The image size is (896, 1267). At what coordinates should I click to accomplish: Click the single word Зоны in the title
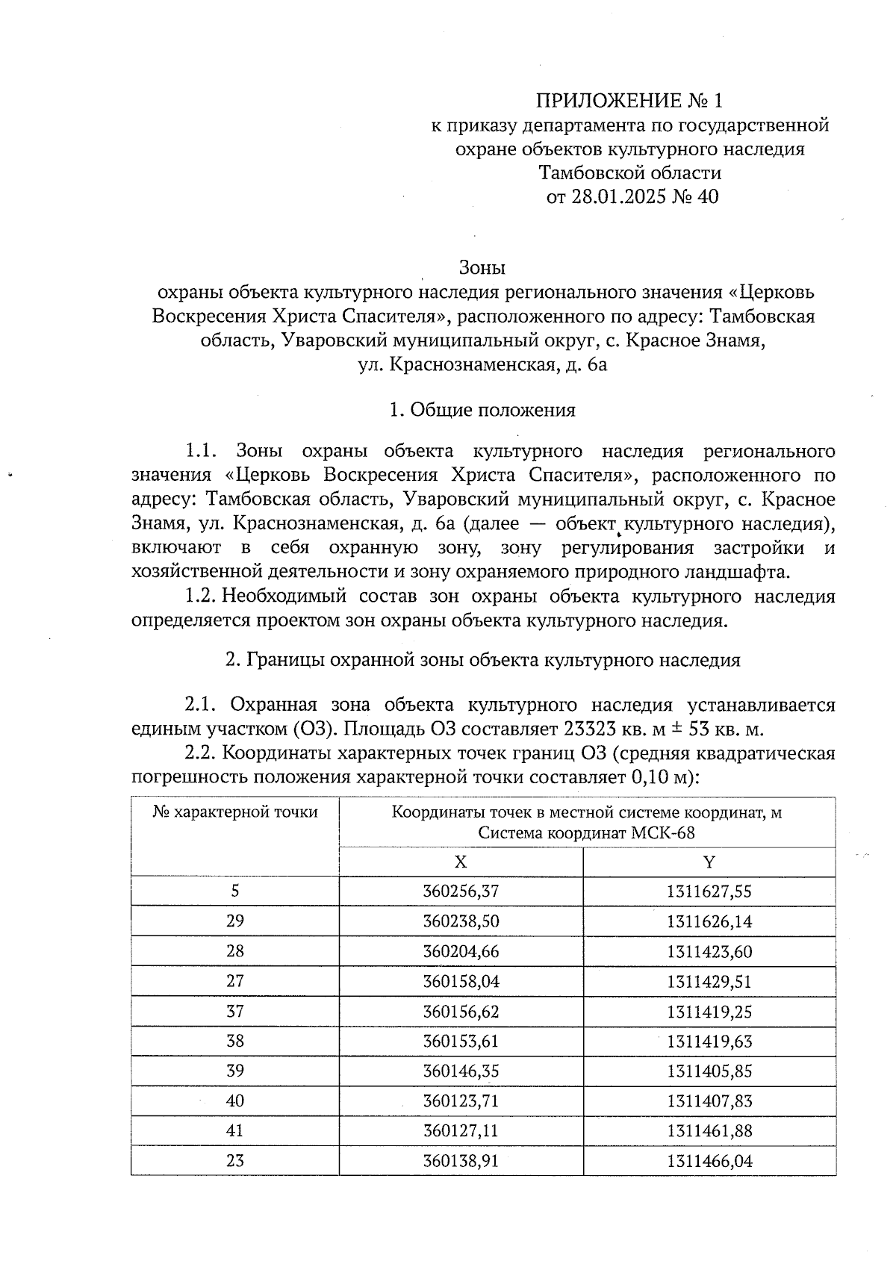[x=482, y=267]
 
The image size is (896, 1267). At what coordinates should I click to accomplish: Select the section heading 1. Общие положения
[x=482, y=410]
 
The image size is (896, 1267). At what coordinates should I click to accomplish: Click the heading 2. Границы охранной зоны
[x=482, y=660]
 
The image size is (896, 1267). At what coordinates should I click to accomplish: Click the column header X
[x=461, y=862]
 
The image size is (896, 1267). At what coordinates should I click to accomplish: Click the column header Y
[x=709, y=862]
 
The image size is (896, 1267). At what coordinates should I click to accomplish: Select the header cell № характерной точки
[x=235, y=812]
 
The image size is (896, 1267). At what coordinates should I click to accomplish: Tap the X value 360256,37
[x=461, y=891]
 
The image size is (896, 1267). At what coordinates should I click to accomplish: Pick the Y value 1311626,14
[x=709, y=921]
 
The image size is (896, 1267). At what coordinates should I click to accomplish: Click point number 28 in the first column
[x=235, y=951]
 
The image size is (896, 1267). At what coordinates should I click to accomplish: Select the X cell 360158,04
[x=461, y=981]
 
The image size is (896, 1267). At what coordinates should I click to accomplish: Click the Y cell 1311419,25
[x=709, y=1011]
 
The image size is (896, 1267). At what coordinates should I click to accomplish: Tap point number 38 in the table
[x=235, y=1041]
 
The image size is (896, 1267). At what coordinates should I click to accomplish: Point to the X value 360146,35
[x=461, y=1071]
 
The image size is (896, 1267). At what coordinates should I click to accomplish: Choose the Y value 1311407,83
[x=709, y=1101]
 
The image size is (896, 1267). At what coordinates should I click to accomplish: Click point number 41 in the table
[x=235, y=1130]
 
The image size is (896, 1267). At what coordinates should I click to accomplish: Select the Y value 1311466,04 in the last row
[x=709, y=1161]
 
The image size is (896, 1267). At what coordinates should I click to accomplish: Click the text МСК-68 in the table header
[x=667, y=833]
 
